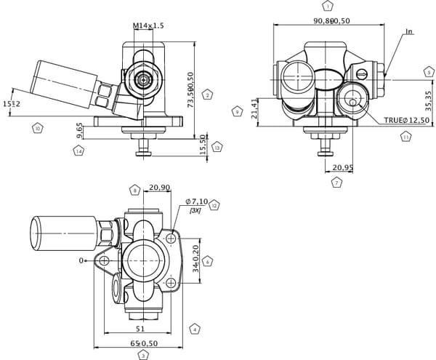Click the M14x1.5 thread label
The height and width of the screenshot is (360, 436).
tap(149, 25)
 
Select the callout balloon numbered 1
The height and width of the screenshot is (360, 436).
tap(328, 6)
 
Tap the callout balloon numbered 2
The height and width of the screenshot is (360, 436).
tap(208, 95)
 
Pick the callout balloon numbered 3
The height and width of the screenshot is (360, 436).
tap(143, 356)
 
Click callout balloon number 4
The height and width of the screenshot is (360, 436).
tap(195, 329)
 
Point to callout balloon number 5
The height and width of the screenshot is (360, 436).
tap(429, 72)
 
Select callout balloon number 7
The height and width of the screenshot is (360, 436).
tap(336, 183)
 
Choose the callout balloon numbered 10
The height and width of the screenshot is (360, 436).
tap(38, 128)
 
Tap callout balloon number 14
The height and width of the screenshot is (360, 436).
tap(78, 151)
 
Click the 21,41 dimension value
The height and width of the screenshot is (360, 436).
tap(254, 109)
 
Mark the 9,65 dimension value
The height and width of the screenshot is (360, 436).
tap(78, 131)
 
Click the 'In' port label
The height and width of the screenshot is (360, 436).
tap(409, 31)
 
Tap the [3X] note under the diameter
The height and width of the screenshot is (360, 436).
tap(195, 210)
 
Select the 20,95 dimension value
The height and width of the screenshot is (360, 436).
tap(342, 168)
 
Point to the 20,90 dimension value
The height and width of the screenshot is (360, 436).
tap(159, 188)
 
